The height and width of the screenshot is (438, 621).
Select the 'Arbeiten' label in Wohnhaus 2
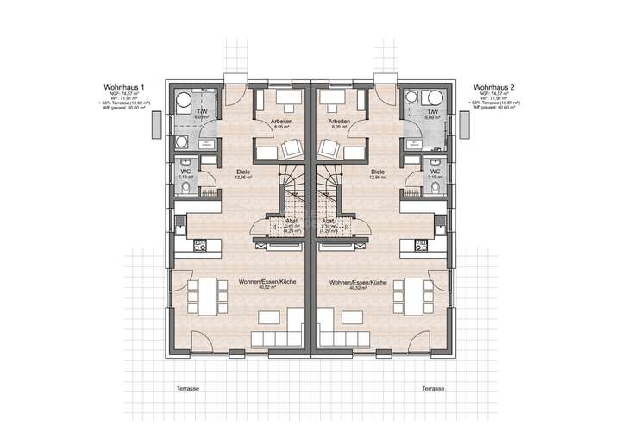(338, 122)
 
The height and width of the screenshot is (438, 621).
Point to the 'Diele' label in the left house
(243, 172)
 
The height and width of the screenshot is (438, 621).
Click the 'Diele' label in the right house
(377, 172)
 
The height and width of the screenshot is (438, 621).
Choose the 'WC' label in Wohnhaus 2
(435, 172)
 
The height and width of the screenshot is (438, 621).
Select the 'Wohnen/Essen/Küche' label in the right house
(355, 283)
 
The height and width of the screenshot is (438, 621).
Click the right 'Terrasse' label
(434, 389)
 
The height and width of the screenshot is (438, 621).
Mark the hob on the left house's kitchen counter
(201, 245)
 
